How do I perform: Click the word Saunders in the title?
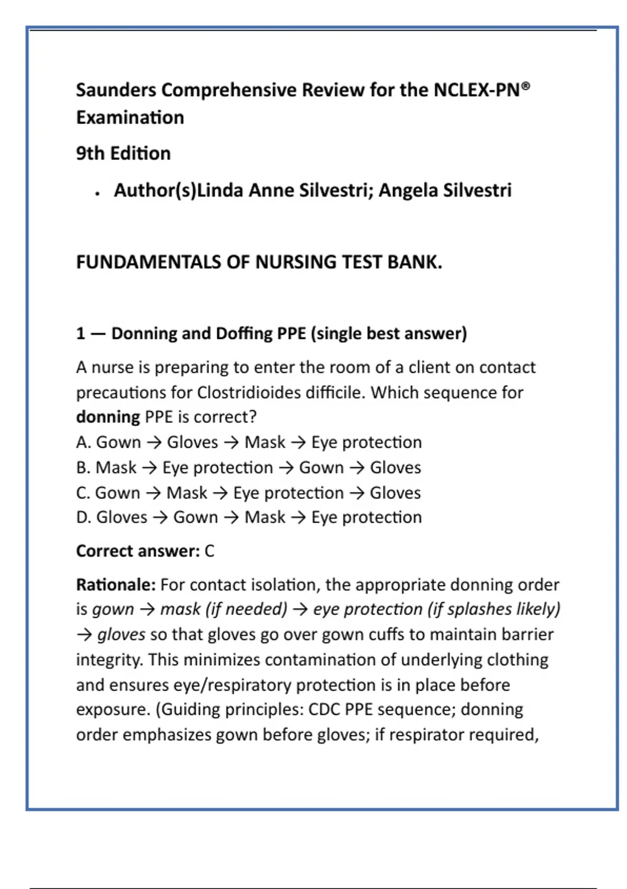[116, 90]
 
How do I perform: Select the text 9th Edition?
[123, 153]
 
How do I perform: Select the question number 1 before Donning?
[80, 334]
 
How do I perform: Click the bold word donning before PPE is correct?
[108, 417]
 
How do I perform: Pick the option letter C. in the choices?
[83, 493]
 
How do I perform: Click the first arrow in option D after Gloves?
[160, 518]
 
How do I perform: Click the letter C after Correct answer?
[209, 551]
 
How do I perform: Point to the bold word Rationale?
[115, 585]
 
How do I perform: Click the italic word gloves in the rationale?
[121, 634]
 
